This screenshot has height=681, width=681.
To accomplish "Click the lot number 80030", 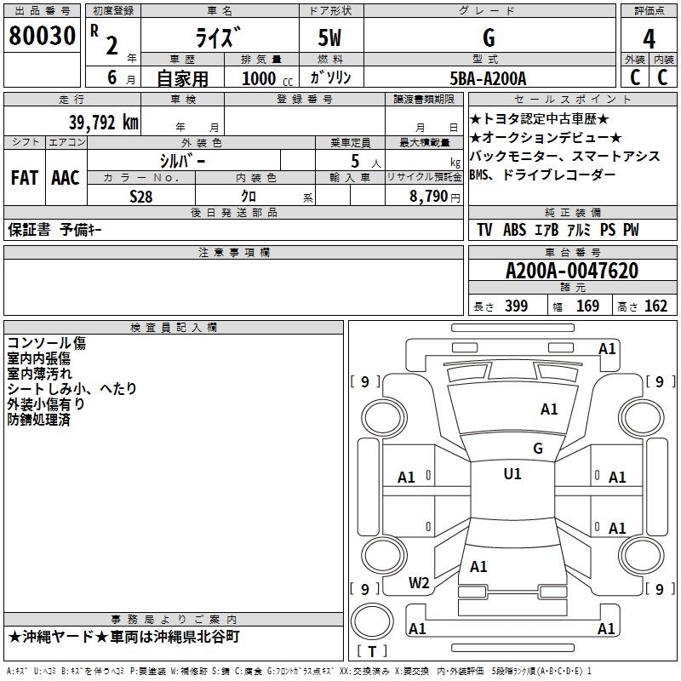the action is [42, 37].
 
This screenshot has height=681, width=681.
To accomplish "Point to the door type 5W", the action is [330, 37].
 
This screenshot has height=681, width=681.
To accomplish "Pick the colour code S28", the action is [141, 196].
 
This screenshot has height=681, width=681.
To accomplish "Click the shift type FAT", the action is [24, 178].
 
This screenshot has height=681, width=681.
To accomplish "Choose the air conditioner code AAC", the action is [65, 178].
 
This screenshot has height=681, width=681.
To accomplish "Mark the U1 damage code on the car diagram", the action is [512, 474].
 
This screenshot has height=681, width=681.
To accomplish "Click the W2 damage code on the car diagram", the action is [419, 583].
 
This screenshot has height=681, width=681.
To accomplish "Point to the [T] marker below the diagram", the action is [371, 651].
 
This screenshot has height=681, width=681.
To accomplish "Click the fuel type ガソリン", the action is [331, 78].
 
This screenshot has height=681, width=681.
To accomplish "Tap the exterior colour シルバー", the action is [182, 160].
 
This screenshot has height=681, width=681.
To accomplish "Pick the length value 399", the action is [516, 306].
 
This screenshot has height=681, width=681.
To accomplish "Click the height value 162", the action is [655, 306].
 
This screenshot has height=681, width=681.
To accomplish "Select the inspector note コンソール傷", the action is [47, 343].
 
